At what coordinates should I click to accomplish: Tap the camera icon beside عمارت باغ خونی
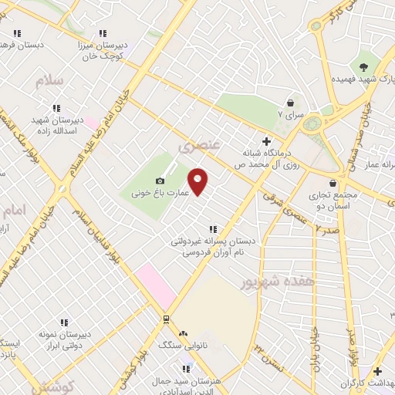160,159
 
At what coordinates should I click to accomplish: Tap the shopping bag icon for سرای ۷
291,102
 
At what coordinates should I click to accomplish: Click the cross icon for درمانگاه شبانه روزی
266,141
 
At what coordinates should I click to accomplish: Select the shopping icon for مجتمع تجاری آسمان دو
333,184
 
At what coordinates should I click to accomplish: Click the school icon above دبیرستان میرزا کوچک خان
102,34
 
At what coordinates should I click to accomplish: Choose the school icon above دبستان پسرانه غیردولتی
213,229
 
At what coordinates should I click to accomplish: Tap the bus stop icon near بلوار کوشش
165,319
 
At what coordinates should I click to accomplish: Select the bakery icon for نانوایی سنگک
183,333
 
